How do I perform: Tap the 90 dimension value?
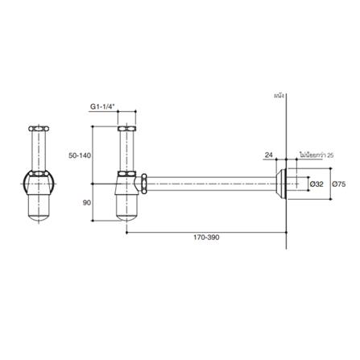[86, 203]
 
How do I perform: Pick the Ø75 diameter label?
[340, 184]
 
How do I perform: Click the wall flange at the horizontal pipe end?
[281, 184]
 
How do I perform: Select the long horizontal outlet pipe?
[209, 184]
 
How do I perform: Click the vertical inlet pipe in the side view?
[126, 153]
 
